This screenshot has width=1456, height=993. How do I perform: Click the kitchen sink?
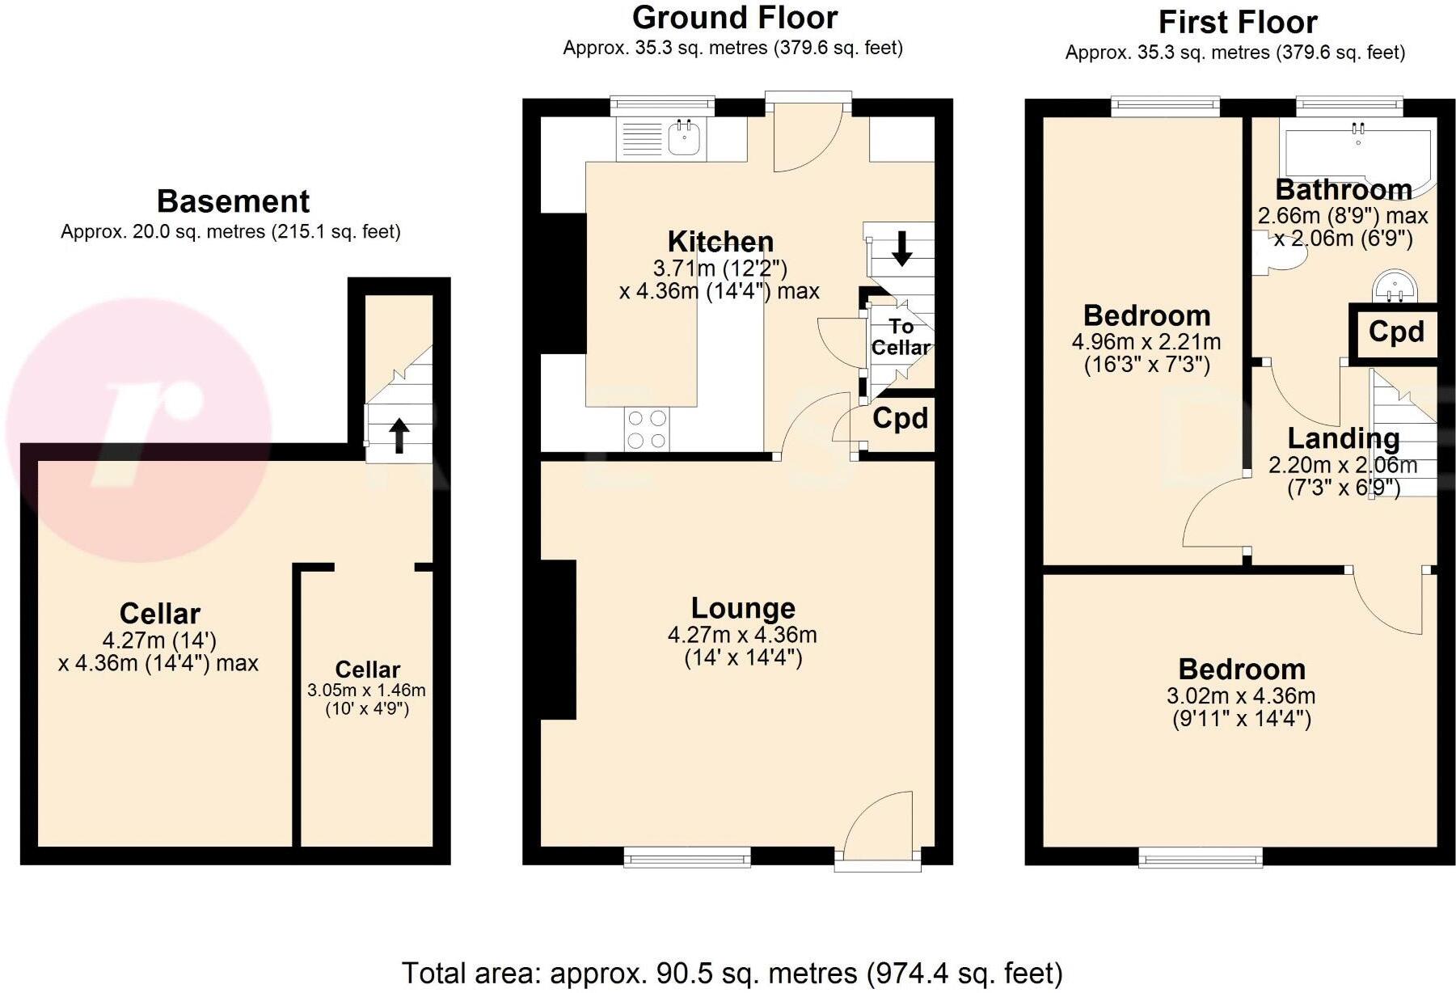[x=684, y=138]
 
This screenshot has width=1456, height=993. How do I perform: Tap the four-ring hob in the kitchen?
[x=647, y=429]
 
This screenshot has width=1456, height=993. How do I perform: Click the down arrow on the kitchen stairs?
[x=901, y=248]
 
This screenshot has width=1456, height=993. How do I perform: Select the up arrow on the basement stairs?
[x=399, y=435]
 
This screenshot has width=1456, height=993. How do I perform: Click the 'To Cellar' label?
[x=901, y=337]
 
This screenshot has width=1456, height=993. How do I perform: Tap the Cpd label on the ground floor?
[x=900, y=418]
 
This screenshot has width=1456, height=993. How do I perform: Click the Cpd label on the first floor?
[x=1396, y=332]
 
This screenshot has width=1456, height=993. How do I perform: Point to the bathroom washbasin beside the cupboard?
[x=1394, y=285]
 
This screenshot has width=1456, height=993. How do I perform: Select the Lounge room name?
[x=743, y=608]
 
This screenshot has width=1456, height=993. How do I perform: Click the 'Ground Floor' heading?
[x=734, y=18]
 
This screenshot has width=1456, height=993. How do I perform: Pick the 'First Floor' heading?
[x=1237, y=23]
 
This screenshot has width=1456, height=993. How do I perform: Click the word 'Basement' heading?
[x=233, y=201]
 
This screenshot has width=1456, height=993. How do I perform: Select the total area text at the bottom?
[x=732, y=973]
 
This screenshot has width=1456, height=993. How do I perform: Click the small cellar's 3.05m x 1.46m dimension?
[x=366, y=691]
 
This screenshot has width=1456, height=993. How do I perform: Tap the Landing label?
[x=1343, y=438]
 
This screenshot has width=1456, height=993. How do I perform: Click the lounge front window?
[x=687, y=856]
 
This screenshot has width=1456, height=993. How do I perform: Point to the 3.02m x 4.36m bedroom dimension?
[x=1240, y=695]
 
